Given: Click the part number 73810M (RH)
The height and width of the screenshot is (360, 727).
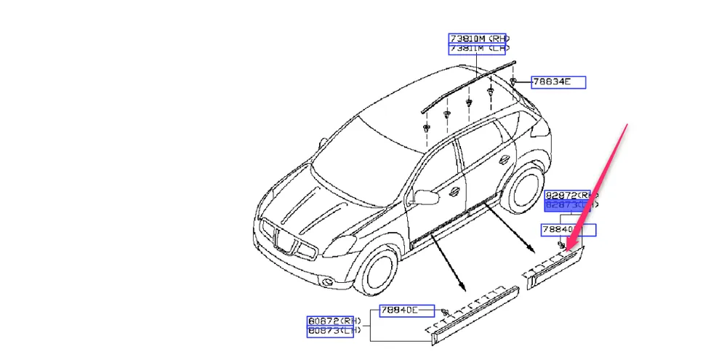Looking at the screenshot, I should tap(478, 38).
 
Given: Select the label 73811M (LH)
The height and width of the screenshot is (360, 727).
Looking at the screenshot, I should tap(478, 49).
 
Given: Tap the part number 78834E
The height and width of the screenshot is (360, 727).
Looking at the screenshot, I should tap(558, 81).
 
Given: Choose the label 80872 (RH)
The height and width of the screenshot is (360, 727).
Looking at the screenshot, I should tap(334, 321).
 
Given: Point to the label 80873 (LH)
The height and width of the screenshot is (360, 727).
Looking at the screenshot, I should tap(334, 332).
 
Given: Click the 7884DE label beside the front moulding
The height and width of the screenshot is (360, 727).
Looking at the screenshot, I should tap(406, 311).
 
